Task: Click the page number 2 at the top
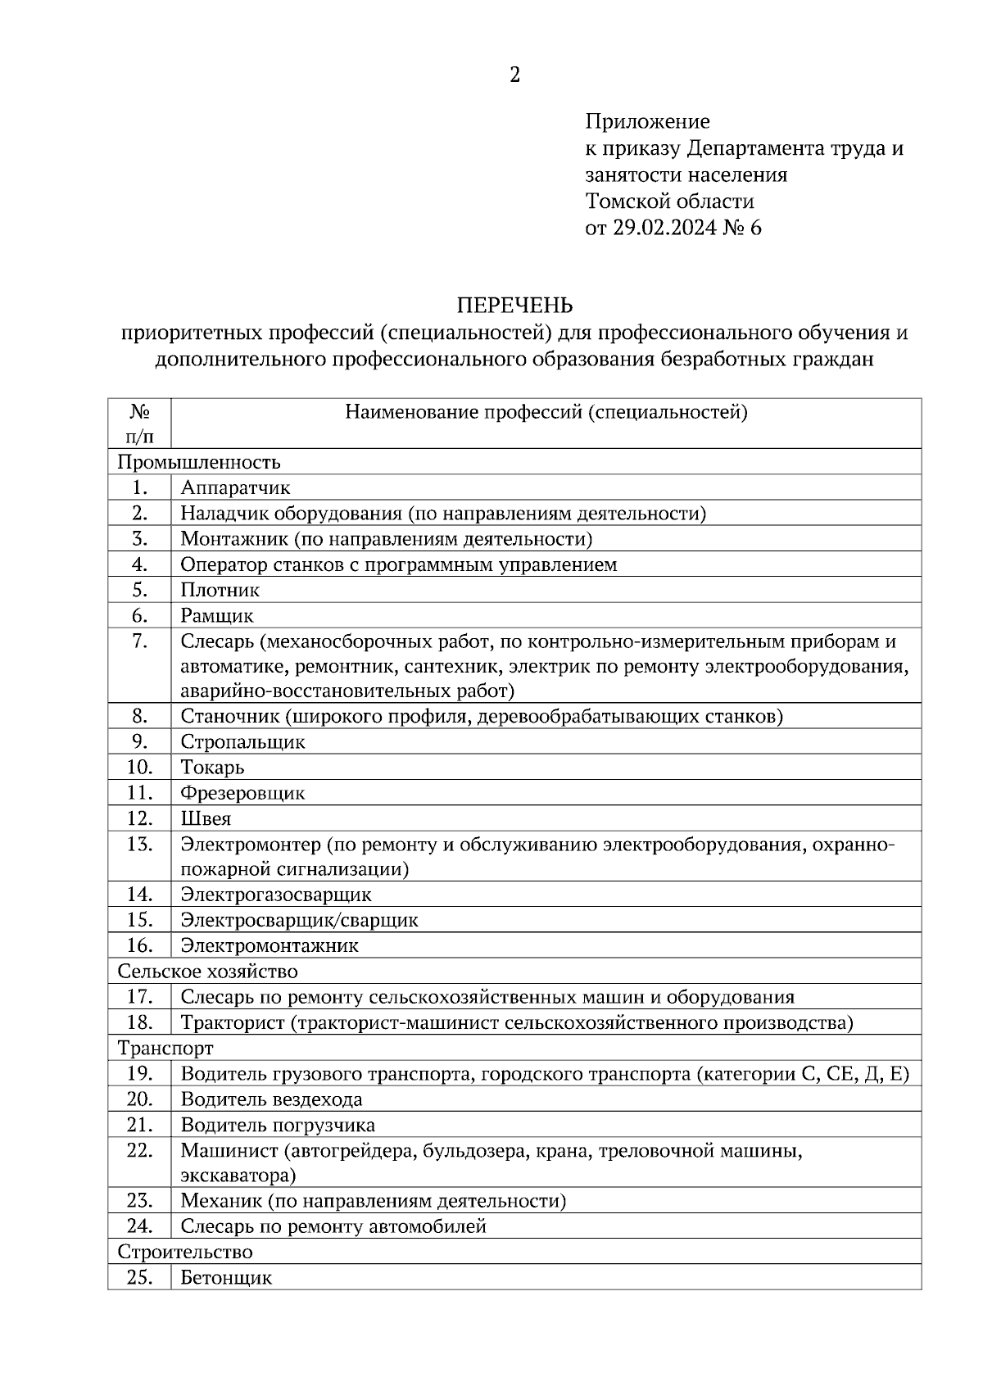click(514, 76)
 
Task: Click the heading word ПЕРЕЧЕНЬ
click(514, 306)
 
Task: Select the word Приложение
click(647, 122)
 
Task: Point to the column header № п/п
click(139, 423)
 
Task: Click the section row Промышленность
click(199, 462)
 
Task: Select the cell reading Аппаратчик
click(235, 488)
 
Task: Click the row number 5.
click(139, 590)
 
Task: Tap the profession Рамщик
click(217, 615)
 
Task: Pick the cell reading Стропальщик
click(242, 742)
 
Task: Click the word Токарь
click(212, 768)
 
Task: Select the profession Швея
click(206, 818)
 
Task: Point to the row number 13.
click(139, 844)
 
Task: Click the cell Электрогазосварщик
click(276, 895)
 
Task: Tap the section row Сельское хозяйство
click(207, 972)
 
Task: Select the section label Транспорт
click(165, 1049)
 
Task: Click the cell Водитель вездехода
click(271, 1099)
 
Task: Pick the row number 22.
click(139, 1150)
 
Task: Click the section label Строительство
click(185, 1252)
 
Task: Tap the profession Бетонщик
click(226, 1277)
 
